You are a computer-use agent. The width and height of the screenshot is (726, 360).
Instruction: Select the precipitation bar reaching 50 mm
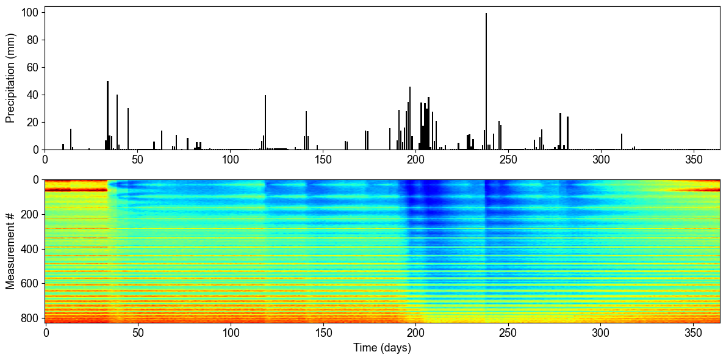(x=107, y=116)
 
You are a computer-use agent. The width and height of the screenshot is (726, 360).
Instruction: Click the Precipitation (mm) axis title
(x=10, y=78)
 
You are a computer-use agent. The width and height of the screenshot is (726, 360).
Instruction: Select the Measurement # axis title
(x=10, y=251)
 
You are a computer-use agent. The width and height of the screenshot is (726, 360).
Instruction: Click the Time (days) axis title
(x=382, y=348)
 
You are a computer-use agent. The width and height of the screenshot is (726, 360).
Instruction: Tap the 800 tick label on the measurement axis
(x=29, y=318)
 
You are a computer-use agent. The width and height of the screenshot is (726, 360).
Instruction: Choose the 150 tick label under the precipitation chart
(x=323, y=160)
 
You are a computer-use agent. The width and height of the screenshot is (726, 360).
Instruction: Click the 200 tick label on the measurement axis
(x=29, y=214)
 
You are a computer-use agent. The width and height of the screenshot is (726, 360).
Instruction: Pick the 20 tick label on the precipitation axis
(x=34, y=122)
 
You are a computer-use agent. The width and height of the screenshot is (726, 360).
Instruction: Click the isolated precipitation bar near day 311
(x=622, y=142)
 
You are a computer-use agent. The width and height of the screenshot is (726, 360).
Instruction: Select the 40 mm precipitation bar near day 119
(x=265, y=123)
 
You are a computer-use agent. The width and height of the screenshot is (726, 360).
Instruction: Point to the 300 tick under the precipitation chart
(x=601, y=150)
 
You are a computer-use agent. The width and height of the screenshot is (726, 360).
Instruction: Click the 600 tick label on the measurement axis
(x=29, y=284)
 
